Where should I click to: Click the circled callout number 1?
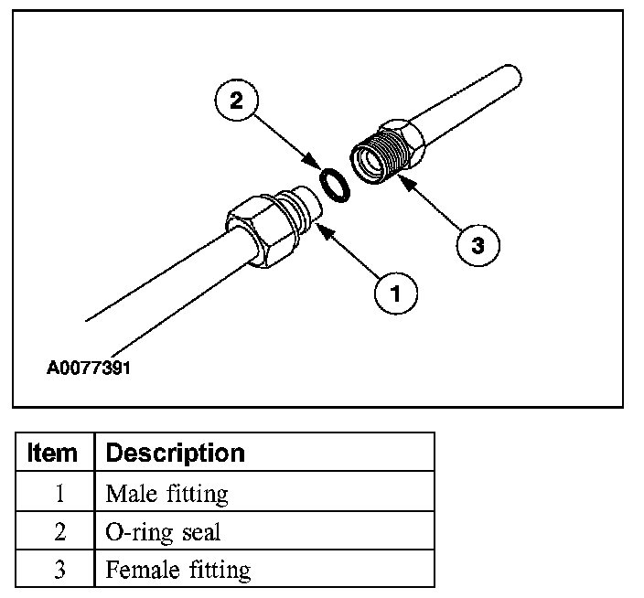pos(395,293)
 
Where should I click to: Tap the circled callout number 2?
pos(236,101)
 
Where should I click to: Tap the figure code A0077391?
pos(90,369)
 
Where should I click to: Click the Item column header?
pos(53,453)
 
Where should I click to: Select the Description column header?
pos(175,453)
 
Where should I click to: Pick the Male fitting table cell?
pos(166,494)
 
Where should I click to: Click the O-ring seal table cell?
pos(163,532)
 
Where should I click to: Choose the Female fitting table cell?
pos(177,571)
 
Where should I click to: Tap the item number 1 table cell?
pos(59,494)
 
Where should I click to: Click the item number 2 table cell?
pos(59,532)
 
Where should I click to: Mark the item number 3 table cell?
pos(59,571)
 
